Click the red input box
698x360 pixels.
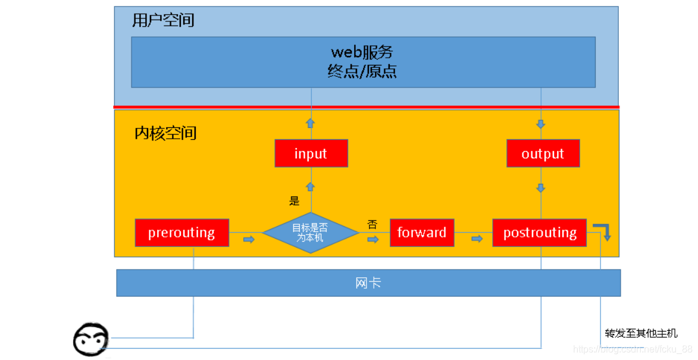point(311,154)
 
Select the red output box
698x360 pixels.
point(543,154)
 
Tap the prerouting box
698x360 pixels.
point(181,233)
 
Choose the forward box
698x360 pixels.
point(422,233)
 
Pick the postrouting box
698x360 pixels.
point(540,233)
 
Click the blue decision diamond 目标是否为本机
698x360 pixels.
point(310,233)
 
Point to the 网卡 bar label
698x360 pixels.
point(368,283)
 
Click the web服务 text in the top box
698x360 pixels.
point(362,52)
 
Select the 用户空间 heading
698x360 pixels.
point(163,21)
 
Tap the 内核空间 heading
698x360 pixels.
point(165,133)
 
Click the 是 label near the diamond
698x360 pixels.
point(295,201)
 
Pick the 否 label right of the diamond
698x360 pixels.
point(373,225)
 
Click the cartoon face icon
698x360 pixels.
point(90,340)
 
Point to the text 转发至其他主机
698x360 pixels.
point(641,333)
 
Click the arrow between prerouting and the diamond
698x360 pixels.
point(249,239)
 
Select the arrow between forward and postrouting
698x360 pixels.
point(477,239)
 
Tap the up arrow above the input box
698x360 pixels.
point(310,123)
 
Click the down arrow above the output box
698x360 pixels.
point(541,124)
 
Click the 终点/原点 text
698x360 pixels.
point(362,72)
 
